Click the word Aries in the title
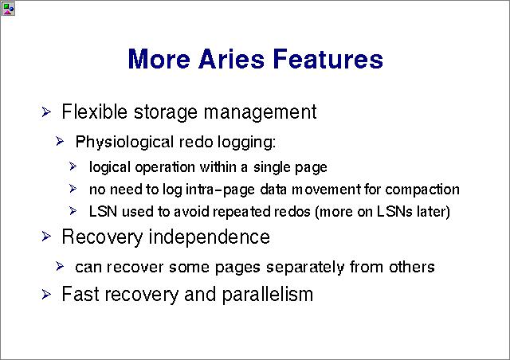[231, 58]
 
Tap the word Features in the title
[328, 58]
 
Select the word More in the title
[159, 58]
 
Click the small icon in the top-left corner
[8, 9]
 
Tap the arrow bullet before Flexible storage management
[46, 112]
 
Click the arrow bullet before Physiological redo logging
[60, 141]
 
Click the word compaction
[422, 190]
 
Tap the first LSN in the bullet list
[103, 212]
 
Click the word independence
[209, 237]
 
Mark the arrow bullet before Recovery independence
[46, 236]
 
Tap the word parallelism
[268, 295]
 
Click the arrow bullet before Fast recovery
[46, 295]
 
